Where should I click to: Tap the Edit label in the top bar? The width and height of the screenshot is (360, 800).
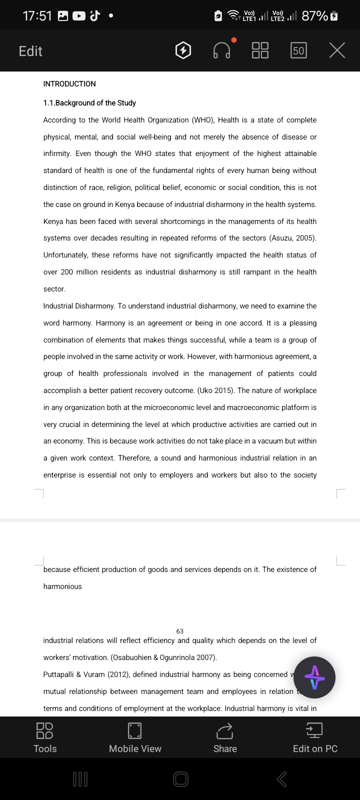pyautogui.click(x=30, y=51)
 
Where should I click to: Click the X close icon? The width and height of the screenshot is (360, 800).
pyautogui.click(x=337, y=50)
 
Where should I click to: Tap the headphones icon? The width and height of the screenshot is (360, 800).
pyautogui.click(x=222, y=50)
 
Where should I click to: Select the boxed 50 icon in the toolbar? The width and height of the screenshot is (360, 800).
pyautogui.click(x=298, y=50)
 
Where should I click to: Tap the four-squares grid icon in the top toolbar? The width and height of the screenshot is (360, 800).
pyautogui.click(x=260, y=50)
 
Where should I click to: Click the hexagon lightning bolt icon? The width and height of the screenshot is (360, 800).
pyautogui.click(x=183, y=50)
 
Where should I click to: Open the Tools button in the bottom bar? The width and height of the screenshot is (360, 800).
pyautogui.click(x=45, y=737)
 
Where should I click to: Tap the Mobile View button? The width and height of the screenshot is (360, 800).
pyautogui.click(x=135, y=737)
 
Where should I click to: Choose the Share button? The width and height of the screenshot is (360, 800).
pyautogui.click(x=225, y=737)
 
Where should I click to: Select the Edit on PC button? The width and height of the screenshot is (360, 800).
pyautogui.click(x=315, y=737)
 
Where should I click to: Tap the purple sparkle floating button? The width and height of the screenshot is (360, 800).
pyautogui.click(x=314, y=677)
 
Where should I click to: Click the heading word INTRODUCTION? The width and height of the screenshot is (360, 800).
pyautogui.click(x=69, y=84)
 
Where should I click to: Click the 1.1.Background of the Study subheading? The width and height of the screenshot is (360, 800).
pyautogui.click(x=89, y=103)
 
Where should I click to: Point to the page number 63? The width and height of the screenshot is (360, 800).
pyautogui.click(x=180, y=631)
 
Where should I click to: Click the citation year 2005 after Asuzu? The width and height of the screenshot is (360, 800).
pyautogui.click(x=305, y=238)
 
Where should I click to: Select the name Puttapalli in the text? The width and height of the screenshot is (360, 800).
pyautogui.click(x=58, y=674)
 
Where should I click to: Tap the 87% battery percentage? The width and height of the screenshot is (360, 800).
pyautogui.click(x=315, y=16)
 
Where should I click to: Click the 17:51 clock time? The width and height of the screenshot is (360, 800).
pyautogui.click(x=37, y=16)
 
